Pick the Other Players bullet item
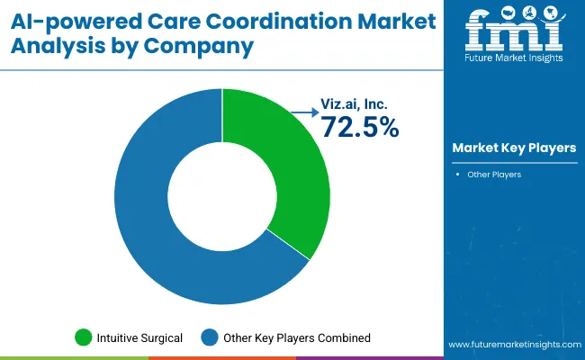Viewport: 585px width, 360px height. tap(494, 175)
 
